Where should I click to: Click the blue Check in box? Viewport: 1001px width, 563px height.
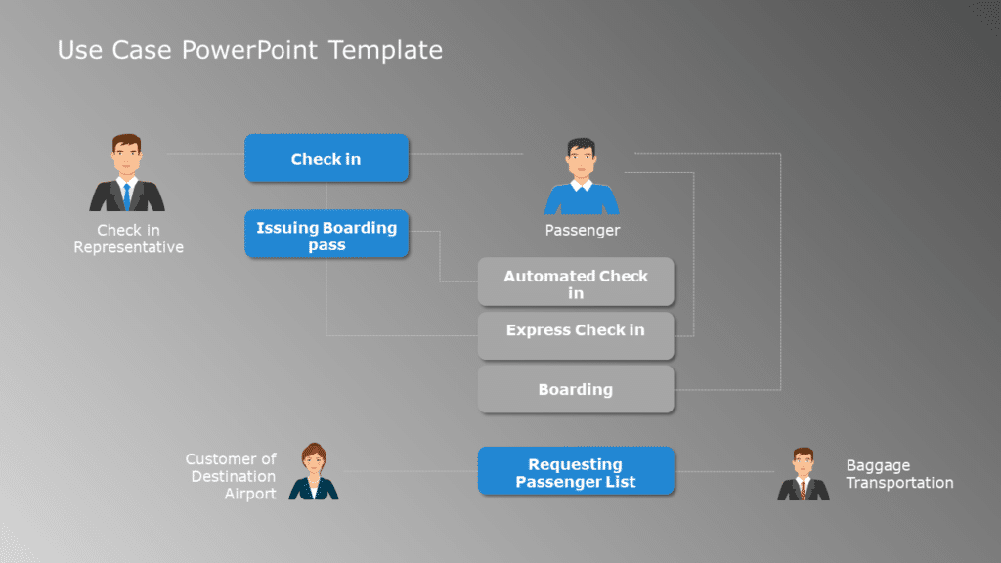(x=326, y=158)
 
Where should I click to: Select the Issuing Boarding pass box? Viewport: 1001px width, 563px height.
(x=326, y=235)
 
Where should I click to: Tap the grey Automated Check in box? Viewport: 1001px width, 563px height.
(x=576, y=282)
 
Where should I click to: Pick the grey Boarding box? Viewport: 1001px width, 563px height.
(x=576, y=389)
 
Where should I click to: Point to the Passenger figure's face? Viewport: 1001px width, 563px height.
(x=582, y=163)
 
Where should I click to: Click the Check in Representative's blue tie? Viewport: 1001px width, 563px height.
(x=126, y=195)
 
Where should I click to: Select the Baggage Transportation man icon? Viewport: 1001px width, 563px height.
(x=803, y=475)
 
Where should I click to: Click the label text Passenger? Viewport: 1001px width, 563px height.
(x=582, y=231)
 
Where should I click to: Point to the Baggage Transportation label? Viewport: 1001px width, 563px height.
(x=898, y=474)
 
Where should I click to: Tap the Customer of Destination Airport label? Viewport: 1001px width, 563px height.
(x=233, y=475)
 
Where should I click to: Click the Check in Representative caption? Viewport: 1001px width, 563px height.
(x=128, y=239)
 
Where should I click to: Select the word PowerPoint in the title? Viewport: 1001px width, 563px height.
(x=251, y=49)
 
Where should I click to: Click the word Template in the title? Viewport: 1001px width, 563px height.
(x=385, y=49)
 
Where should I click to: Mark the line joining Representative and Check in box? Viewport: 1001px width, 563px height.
(x=205, y=154)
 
